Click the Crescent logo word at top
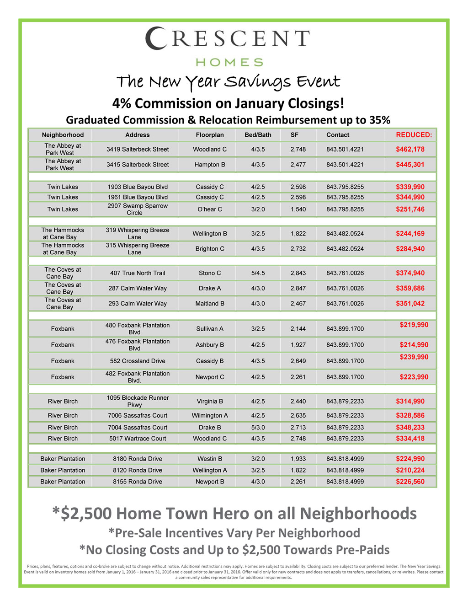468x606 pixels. tap(228, 39)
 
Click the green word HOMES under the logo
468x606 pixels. tap(229, 62)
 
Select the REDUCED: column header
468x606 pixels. tap(414, 135)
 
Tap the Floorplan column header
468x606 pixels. tap(210, 135)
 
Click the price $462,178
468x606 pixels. tap(410, 149)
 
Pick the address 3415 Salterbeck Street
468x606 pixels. tap(138, 165)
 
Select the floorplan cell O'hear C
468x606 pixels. tap(210, 209)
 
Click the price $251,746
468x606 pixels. tap(410, 209)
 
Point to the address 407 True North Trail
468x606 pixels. tap(138, 273)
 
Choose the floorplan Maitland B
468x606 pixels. tap(210, 304)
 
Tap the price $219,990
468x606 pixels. tap(414, 325)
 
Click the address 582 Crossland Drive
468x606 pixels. tap(138, 361)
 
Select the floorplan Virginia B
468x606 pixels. tap(210, 402)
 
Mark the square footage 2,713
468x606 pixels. tap(298, 428)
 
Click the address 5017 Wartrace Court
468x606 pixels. tap(138, 439)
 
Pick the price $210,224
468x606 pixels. tap(410, 470)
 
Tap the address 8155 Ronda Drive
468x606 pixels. tap(138, 482)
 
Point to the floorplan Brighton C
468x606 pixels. tap(210, 249)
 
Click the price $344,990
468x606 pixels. tap(410, 197)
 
